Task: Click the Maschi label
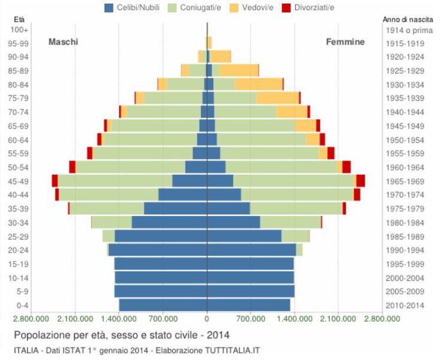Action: pyautogui.click(x=63, y=42)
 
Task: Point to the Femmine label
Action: pyautogui.click(x=345, y=42)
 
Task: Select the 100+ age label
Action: pyautogui.click(x=22, y=29)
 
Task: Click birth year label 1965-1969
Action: pyautogui.click(x=405, y=181)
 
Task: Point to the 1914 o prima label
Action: pyautogui.click(x=405, y=29)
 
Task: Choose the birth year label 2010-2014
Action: pyautogui.click(x=405, y=305)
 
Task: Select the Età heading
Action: pyautogui.click(x=19, y=20)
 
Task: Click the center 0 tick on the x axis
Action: pyautogui.click(x=207, y=319)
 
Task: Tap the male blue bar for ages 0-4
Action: pyautogui.click(x=163, y=305)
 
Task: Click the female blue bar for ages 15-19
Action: pyautogui.click(x=250, y=263)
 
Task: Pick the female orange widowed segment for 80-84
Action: pyautogui.click(x=258, y=84)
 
